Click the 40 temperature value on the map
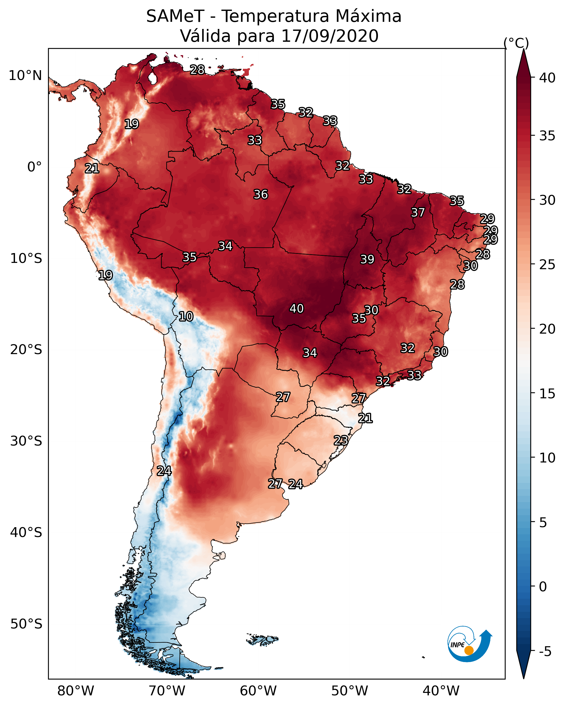tap(297, 308)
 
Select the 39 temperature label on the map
tap(367, 259)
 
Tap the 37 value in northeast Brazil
tap(418, 212)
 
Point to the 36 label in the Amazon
tap(261, 194)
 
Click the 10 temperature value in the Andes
tap(186, 316)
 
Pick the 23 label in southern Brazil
tap(341, 440)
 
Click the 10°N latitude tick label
tap(25, 76)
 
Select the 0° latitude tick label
tap(34, 167)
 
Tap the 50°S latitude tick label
tap(26, 624)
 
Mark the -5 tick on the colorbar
tap(545, 652)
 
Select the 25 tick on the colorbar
tap(547, 265)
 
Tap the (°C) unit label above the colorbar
tap(516, 43)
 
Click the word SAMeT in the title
tap(175, 16)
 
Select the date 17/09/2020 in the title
tap(330, 36)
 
